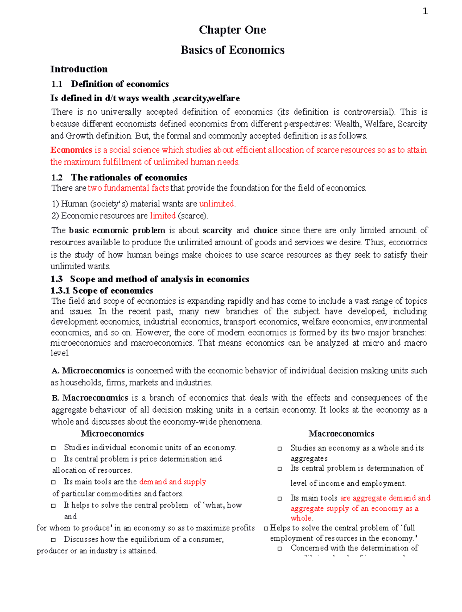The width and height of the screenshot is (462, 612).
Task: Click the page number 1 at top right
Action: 425,12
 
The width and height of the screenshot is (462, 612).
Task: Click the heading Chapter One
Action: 232,30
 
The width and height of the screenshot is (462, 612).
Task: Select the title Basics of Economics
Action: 232,50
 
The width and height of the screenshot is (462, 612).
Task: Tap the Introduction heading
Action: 79,69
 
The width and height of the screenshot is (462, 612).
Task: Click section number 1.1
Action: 57,84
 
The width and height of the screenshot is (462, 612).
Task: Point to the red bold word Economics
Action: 71,150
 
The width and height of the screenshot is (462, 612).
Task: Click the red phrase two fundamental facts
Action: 128,188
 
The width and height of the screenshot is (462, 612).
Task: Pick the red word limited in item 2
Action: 162,216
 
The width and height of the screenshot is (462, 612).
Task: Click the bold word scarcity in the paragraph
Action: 217,231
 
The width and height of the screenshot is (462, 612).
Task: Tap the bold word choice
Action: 265,231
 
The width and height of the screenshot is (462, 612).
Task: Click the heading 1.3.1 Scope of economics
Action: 102,291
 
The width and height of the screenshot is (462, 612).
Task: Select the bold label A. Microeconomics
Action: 88,371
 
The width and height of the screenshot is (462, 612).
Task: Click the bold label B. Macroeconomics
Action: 90,398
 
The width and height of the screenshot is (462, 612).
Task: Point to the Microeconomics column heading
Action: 112,434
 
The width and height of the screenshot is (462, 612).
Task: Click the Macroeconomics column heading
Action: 341,434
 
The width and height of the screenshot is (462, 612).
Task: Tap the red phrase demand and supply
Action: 172,482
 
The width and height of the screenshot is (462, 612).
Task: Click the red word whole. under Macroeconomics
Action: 302,518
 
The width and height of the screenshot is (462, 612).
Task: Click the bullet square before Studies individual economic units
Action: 54,448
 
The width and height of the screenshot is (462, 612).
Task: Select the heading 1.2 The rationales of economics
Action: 119,177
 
